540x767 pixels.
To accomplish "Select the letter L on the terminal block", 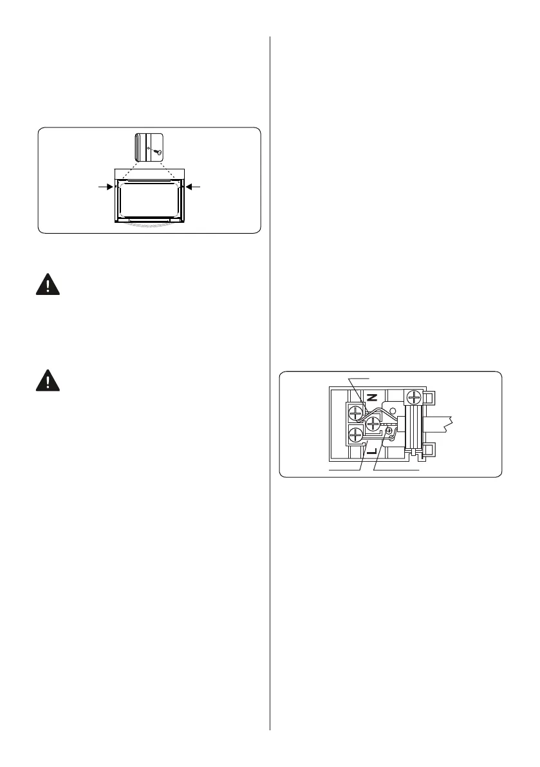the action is pyautogui.click(x=370, y=451).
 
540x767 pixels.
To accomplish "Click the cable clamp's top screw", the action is pyautogui.click(x=413, y=399).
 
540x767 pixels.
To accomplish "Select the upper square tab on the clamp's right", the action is pyautogui.click(x=430, y=398).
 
